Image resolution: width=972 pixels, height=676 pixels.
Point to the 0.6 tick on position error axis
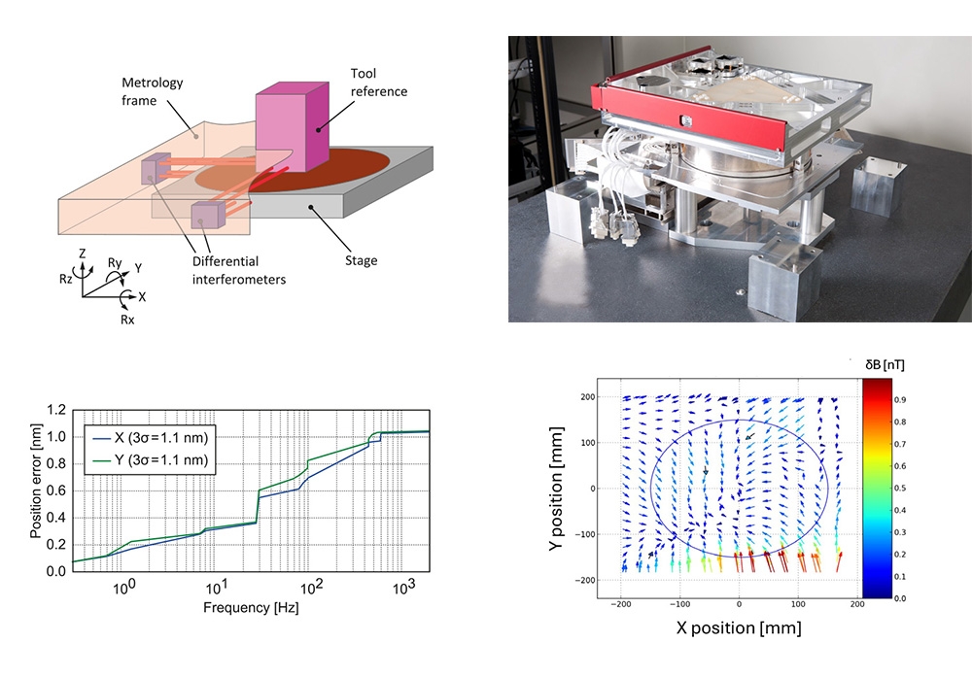56,490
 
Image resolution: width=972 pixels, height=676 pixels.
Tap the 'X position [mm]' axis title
739,628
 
